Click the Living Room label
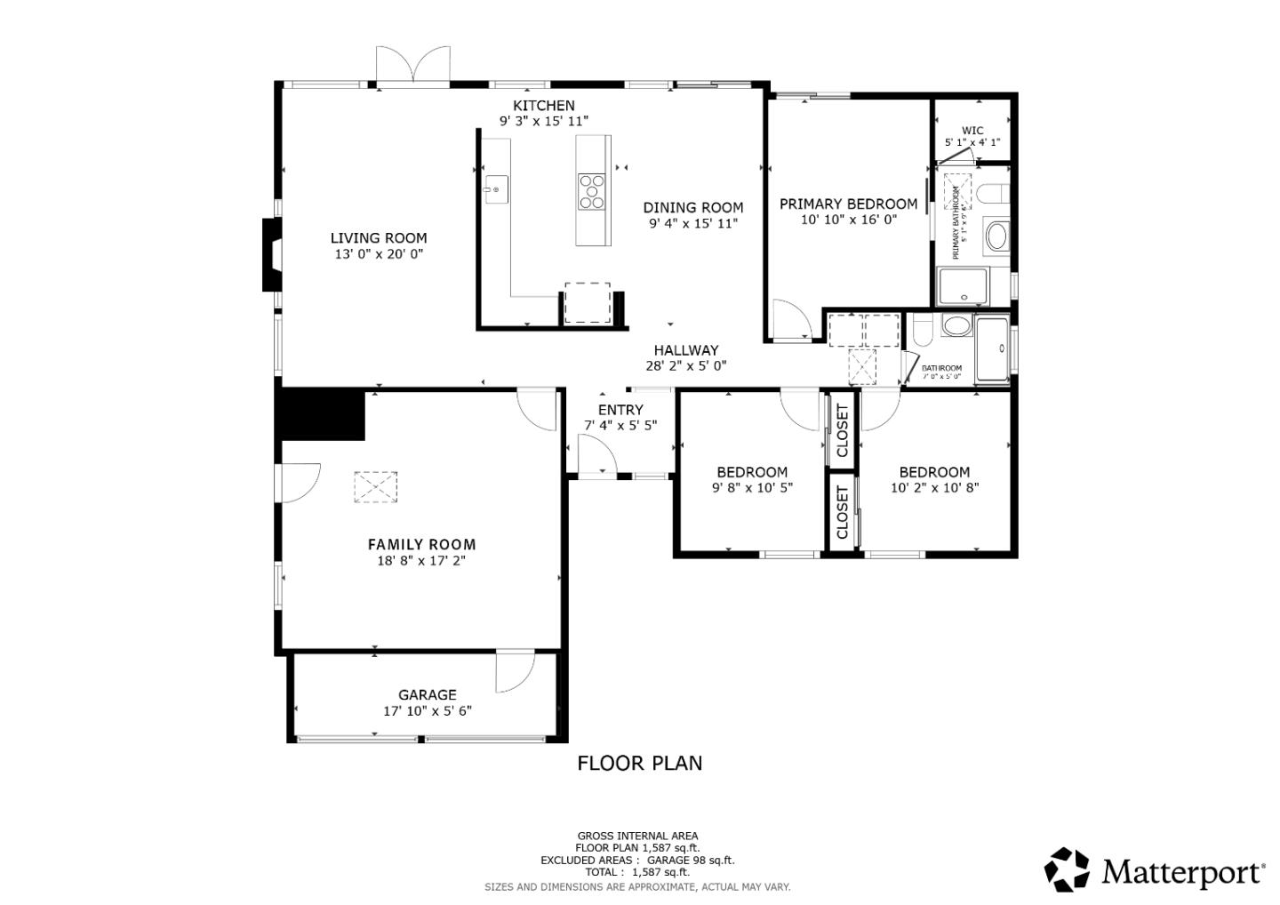tap(379, 238)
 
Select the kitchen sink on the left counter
tap(495, 189)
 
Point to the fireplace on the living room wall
tap(271, 254)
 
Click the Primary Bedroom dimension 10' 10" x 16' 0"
tap(848, 220)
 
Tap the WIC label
tap(972, 130)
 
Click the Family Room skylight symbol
tap(376, 487)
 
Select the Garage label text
tap(427, 695)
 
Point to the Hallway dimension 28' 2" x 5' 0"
tap(685, 365)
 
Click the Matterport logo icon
tap(1067, 869)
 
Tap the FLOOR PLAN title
tap(639, 763)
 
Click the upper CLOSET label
tap(843, 430)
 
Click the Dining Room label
tap(693, 208)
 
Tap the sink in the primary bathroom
tap(997, 236)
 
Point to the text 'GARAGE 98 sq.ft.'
tap(690, 860)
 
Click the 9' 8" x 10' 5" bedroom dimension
tap(752, 487)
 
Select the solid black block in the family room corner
tap(322, 414)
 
